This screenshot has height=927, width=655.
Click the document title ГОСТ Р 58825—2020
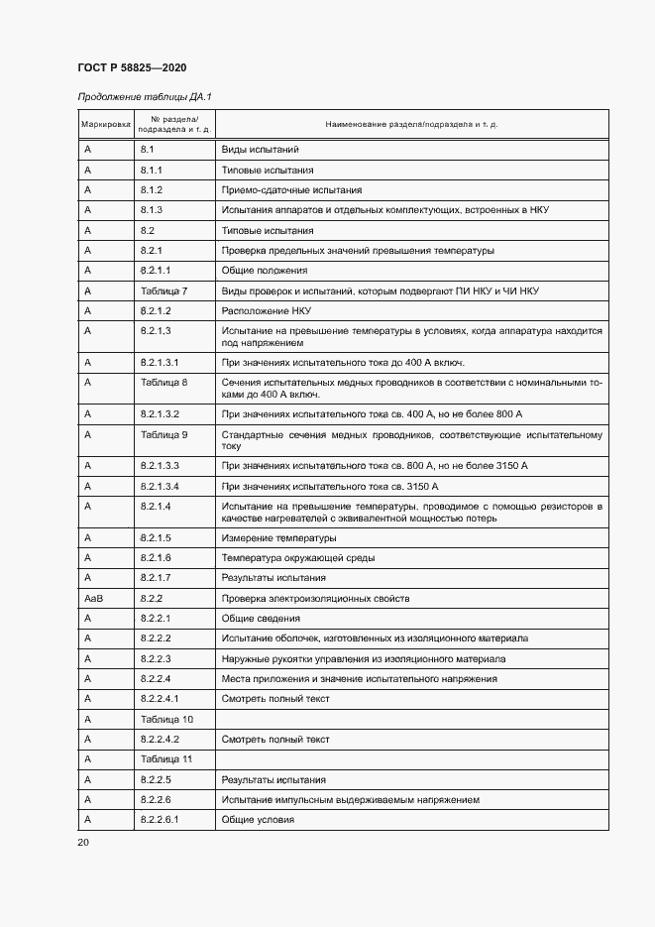coord(132,67)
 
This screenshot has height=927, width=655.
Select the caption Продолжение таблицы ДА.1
coord(145,96)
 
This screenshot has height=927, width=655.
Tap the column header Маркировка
coord(105,125)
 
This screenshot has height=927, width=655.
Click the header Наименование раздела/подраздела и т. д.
coord(411,125)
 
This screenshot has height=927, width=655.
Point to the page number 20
coord(83,842)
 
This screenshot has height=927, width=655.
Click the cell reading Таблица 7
coord(164,290)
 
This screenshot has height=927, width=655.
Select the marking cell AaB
coord(93,599)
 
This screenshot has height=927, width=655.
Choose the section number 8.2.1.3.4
coord(160,486)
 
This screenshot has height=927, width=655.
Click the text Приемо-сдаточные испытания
coord(291,189)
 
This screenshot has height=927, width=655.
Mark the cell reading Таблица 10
coord(166,719)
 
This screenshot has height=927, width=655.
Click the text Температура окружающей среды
coord(297,558)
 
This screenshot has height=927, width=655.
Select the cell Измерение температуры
coord(279,538)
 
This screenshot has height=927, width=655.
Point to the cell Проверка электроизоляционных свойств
coord(315,599)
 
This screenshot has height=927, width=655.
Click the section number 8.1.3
coord(151,210)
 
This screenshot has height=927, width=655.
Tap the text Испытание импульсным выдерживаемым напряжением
coord(351,799)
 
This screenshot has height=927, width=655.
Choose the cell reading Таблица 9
coord(164,434)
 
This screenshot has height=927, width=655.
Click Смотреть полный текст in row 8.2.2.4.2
coord(274,740)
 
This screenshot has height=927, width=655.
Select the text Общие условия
coord(258,820)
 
